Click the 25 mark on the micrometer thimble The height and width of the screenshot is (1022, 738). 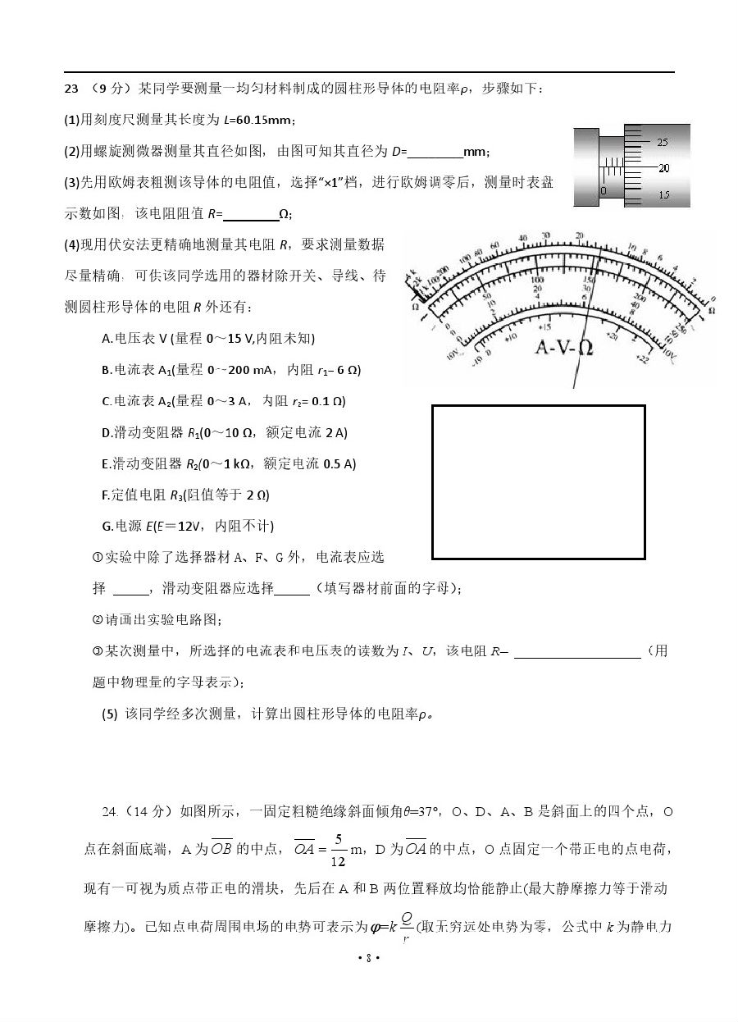point(663,142)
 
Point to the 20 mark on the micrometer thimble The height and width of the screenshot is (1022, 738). point(663,168)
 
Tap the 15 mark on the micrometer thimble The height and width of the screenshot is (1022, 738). point(663,195)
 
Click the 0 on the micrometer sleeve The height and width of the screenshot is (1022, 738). point(603,190)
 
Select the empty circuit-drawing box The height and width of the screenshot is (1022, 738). point(538,481)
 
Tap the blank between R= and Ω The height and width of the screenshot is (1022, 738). point(251,214)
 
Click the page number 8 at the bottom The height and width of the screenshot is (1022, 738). point(369,957)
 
